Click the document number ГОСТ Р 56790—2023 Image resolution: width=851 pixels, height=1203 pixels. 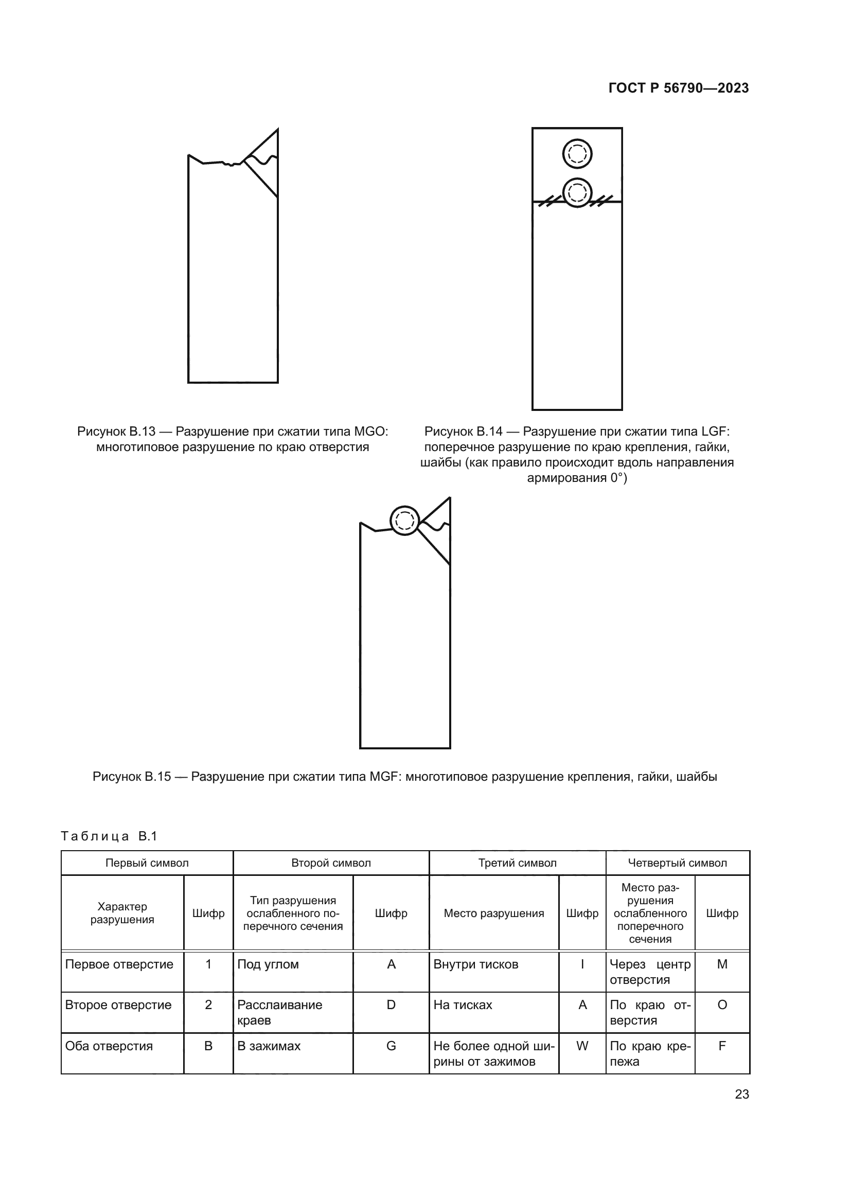678,88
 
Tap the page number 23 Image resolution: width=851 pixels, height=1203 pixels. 741,1094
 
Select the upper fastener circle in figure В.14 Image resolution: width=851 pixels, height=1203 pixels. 577,154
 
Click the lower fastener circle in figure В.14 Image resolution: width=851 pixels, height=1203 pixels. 577,193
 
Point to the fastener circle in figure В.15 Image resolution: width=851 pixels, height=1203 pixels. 404,520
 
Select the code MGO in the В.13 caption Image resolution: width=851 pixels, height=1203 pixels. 370,432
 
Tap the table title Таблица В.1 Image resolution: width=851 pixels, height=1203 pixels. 109,836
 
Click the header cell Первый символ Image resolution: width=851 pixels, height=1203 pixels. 147,863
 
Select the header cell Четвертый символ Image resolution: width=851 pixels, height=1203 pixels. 677,863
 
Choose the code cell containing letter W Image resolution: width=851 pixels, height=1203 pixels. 582,1046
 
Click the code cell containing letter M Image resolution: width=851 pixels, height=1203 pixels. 721,964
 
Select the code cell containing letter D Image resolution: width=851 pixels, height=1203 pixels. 391,1004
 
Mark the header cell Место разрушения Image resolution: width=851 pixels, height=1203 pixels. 493,913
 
